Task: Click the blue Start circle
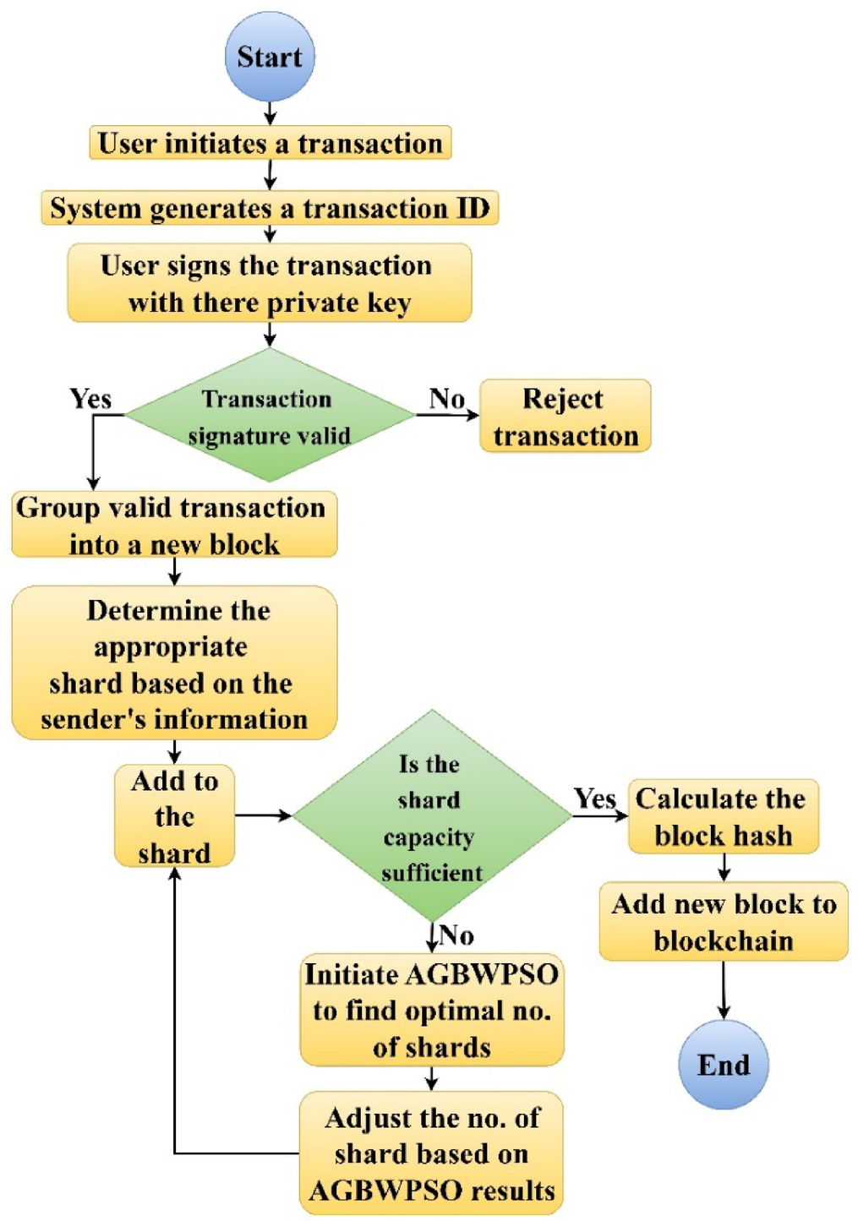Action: click(x=270, y=57)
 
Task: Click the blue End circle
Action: click(x=724, y=1064)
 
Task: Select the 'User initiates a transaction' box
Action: click(x=270, y=143)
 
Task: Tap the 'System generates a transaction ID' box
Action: click(x=270, y=208)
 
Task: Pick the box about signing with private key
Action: click(x=270, y=283)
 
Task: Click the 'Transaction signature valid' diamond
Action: click(x=270, y=416)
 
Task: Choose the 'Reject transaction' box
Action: click(x=565, y=416)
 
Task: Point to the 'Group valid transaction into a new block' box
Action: click(x=173, y=525)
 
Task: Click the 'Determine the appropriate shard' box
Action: click(x=174, y=663)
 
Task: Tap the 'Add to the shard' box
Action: click(x=174, y=816)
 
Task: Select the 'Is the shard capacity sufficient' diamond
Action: click(x=431, y=816)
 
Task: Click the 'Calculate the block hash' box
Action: click(x=723, y=816)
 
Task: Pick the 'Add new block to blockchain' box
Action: click(x=724, y=922)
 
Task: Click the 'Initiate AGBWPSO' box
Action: click(x=431, y=1011)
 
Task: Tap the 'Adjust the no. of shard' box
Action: click(x=431, y=1153)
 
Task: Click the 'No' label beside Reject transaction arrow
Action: click(x=446, y=398)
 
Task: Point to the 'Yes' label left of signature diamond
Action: click(x=90, y=398)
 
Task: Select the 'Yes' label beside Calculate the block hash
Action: click(x=594, y=799)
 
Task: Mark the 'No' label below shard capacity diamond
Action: click(x=456, y=935)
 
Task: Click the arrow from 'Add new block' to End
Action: click(x=724, y=989)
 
